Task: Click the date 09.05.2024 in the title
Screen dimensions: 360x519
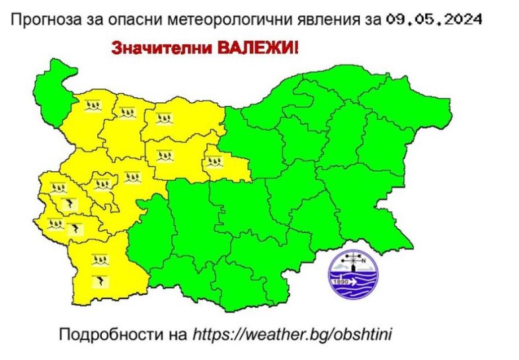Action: [x=432, y=20]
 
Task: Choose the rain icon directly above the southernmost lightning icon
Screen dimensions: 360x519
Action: [x=99, y=260]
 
